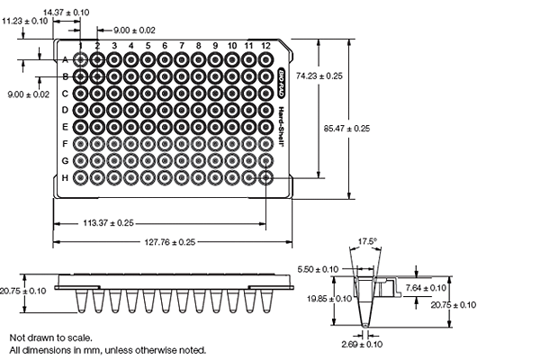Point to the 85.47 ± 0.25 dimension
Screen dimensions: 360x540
tap(346, 130)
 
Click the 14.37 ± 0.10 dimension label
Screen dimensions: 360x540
tap(67, 12)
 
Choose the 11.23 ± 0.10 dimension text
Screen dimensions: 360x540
tap(25, 20)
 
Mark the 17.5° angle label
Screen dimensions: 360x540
tap(366, 241)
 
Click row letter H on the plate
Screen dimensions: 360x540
tap(65, 177)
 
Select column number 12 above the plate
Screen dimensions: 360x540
tap(265, 45)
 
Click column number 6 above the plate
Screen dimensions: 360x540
tap(165, 45)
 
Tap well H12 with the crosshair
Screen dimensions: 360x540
tap(265, 177)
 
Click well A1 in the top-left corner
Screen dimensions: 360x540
tap(81, 59)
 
